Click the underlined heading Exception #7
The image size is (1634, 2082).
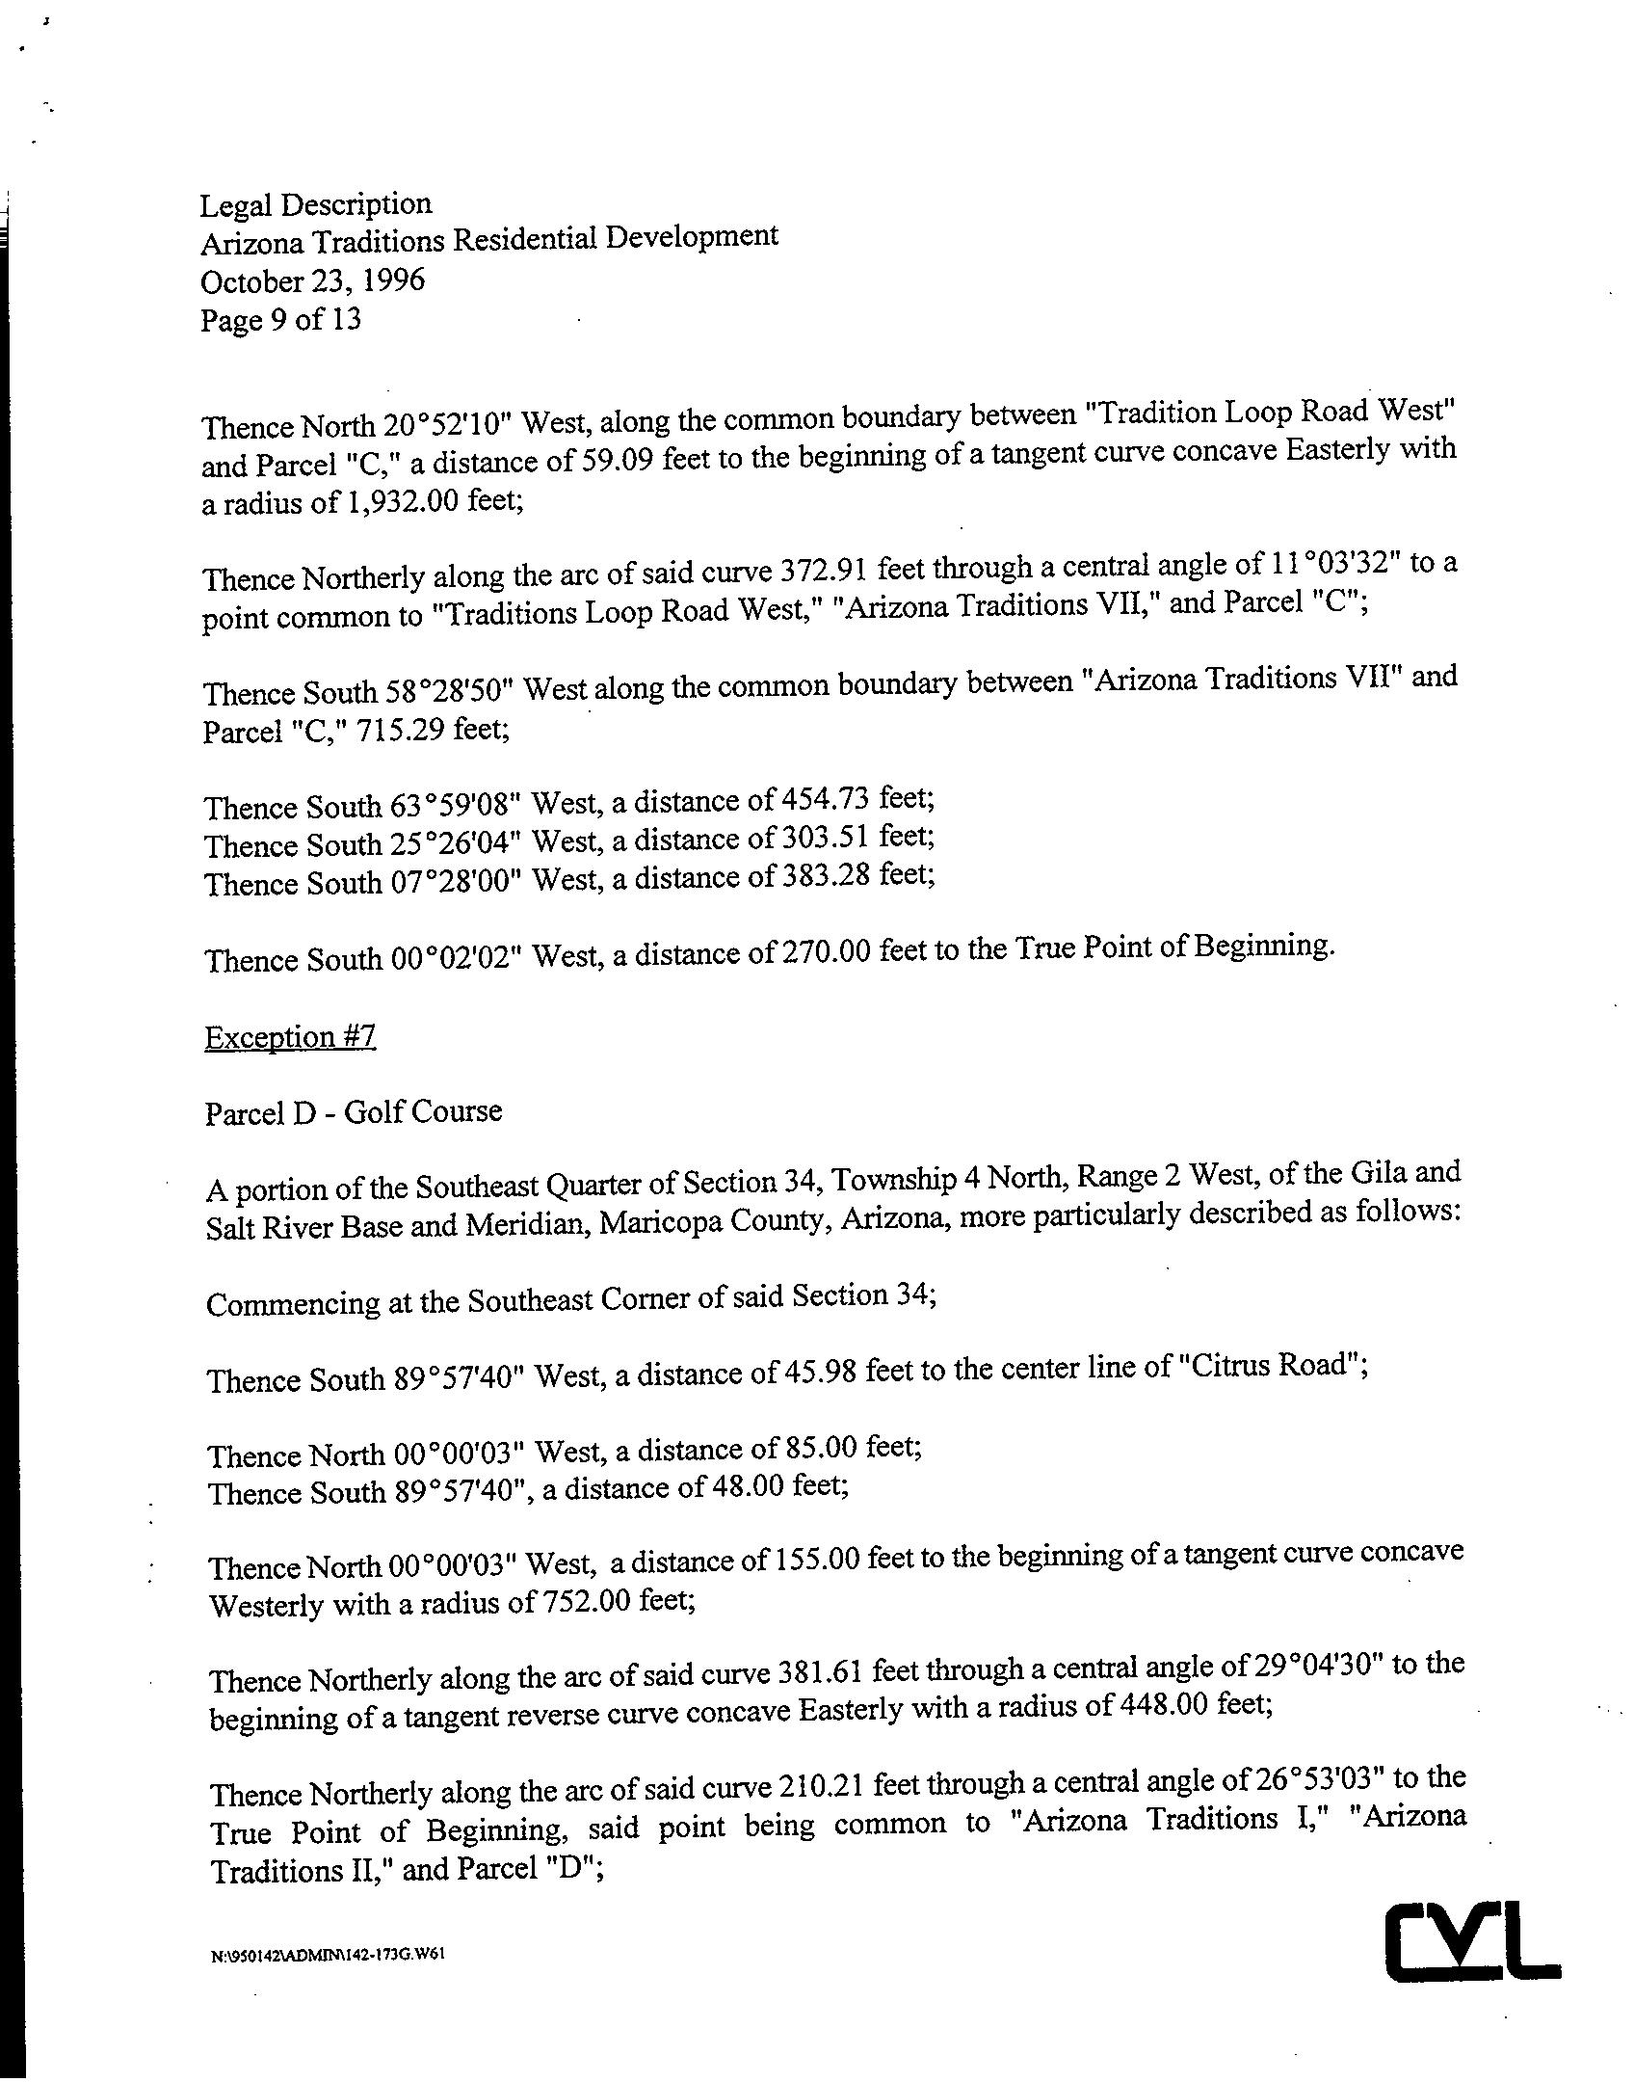pos(290,1037)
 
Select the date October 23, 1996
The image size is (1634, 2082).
pos(312,280)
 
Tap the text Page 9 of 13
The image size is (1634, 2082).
pos(280,319)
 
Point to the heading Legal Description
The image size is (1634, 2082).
pos(316,204)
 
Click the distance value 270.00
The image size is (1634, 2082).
pos(829,953)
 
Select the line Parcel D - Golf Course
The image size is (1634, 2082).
pos(354,1112)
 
